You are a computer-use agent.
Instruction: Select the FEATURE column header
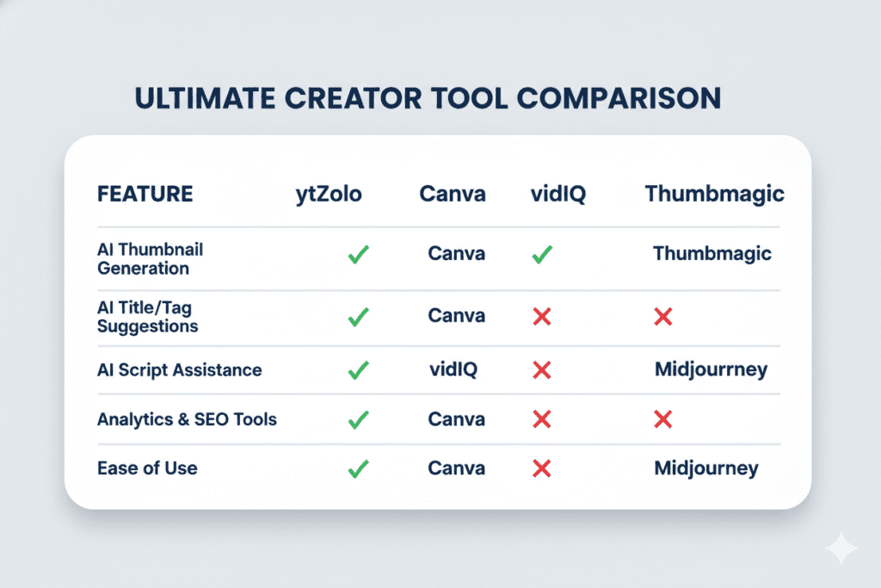(x=145, y=194)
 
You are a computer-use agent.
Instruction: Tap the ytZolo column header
(x=328, y=194)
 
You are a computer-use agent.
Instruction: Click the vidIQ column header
(x=558, y=194)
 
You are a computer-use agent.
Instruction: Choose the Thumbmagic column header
(x=714, y=194)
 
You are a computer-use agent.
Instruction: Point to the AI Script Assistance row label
(x=179, y=370)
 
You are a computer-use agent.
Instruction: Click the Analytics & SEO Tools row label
(x=187, y=419)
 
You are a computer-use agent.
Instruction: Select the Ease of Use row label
(x=147, y=468)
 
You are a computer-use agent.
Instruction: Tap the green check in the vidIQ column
(x=542, y=255)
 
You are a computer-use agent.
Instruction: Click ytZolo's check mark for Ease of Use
(x=358, y=469)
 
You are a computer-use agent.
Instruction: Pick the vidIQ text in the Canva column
(x=453, y=370)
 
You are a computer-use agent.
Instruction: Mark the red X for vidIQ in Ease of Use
(x=542, y=469)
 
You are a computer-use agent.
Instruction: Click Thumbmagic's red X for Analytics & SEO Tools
(x=662, y=420)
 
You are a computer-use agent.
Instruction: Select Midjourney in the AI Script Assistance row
(x=711, y=370)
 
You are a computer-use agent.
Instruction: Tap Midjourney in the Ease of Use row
(x=706, y=468)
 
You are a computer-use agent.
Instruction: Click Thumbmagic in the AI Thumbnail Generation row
(x=712, y=254)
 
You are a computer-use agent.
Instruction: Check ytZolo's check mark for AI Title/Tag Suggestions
(x=358, y=317)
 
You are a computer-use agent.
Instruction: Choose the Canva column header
(x=453, y=194)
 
